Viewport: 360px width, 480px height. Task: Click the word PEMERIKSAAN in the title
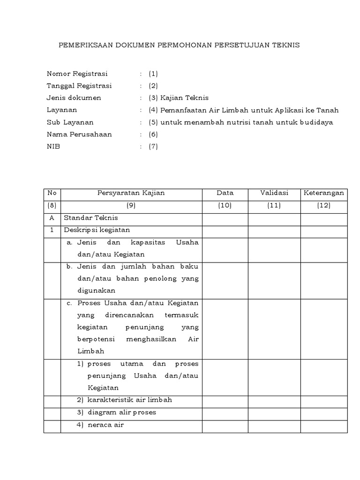tap(81, 45)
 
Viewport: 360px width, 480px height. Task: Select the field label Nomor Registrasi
tap(77, 74)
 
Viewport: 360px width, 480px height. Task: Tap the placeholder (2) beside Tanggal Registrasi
tap(153, 86)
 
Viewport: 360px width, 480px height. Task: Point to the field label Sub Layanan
tap(70, 122)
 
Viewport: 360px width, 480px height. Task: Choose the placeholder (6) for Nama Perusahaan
tap(153, 135)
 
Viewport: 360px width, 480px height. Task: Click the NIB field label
tap(53, 147)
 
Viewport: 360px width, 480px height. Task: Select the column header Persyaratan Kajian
tap(131, 193)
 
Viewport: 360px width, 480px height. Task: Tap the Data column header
tap(225, 193)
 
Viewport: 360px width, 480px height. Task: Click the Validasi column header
tap(274, 193)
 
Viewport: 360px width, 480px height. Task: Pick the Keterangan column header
tap(323, 193)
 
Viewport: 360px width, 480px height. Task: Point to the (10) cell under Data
tap(225, 206)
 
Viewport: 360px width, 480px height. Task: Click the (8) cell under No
tap(52, 206)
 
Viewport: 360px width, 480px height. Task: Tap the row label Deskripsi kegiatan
tap(97, 230)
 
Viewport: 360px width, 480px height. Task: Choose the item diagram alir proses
tap(121, 412)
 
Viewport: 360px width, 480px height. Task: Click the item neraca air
tap(106, 425)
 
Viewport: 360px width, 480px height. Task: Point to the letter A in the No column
tap(52, 218)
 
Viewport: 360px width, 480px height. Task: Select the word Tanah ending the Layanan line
tap(328, 110)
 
